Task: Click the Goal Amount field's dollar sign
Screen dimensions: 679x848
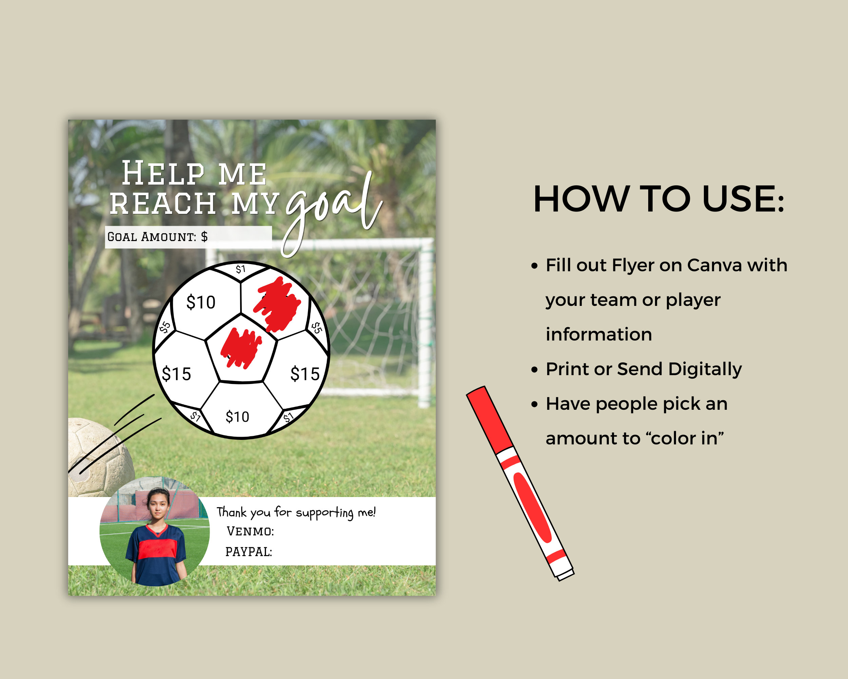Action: point(204,237)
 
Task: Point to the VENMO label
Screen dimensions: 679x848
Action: point(250,531)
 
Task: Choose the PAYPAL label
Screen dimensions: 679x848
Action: point(249,552)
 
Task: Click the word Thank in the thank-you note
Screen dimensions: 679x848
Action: point(232,512)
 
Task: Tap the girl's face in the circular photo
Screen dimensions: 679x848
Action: point(158,505)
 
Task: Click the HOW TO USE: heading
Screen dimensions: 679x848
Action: point(658,199)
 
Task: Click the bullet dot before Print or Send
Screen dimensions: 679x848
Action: point(534,370)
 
